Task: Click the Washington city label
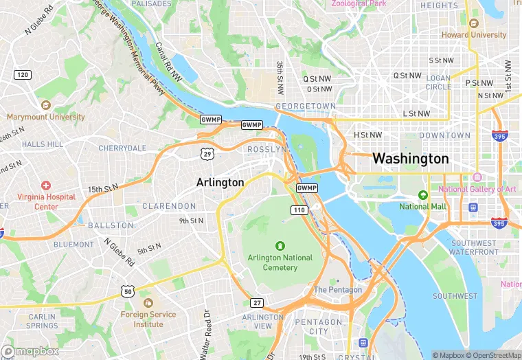pos(410,159)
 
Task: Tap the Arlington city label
pos(220,182)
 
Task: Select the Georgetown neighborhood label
pos(306,106)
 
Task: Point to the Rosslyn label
pos(267,149)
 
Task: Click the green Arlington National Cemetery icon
pos(280,245)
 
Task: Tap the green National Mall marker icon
pos(423,194)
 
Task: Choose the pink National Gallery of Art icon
pos(477,178)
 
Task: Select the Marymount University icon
pos(46,105)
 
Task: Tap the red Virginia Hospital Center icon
pos(46,185)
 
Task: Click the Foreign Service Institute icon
pos(148,303)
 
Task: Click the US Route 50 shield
pos(127,291)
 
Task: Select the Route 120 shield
pos(23,74)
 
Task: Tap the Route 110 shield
pos(298,210)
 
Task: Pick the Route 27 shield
pos(257,302)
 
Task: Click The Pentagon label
pos(337,290)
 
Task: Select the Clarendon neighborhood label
pos(169,206)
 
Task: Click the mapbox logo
pos(31,350)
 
